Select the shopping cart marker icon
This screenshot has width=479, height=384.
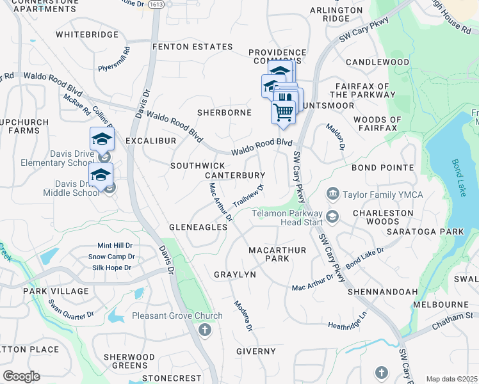[284, 112]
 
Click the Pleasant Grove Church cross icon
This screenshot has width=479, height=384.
[204, 330]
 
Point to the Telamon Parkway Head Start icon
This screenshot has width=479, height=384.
[332, 217]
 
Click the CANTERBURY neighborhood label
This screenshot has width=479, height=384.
[234, 175]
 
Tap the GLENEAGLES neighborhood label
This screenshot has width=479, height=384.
[198, 227]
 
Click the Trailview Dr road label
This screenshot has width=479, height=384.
[248, 196]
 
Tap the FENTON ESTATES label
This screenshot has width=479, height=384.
[192, 47]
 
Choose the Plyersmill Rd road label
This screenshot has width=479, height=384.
[113, 61]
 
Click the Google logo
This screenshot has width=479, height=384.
[21, 376]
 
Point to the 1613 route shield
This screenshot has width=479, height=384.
[155, 4]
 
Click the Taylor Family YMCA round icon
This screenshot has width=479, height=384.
[332, 193]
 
